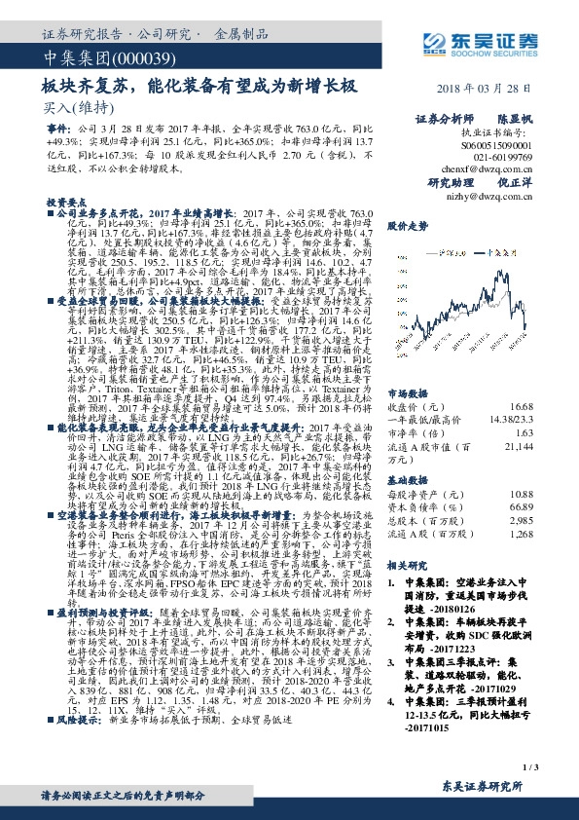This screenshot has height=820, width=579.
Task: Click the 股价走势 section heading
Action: click(407, 223)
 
